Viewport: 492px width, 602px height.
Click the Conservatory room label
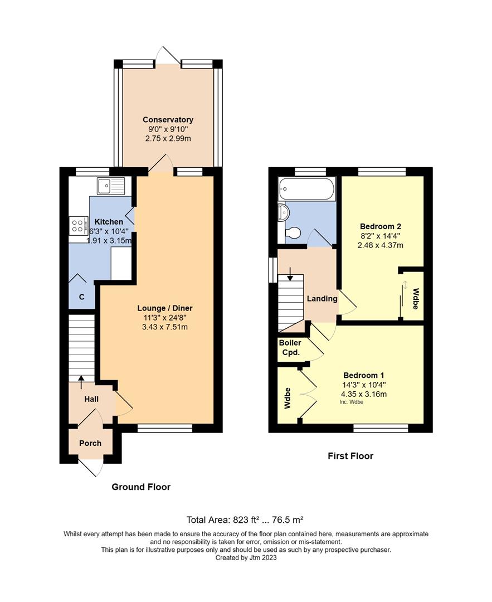(x=168, y=120)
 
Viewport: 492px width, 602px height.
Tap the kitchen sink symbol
(x=111, y=186)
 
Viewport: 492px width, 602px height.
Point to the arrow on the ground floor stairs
(x=81, y=381)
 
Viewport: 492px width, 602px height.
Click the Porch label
(x=90, y=443)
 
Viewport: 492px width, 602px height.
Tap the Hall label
(x=91, y=399)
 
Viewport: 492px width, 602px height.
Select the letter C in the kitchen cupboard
(x=81, y=297)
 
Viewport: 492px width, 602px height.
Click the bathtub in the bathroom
(x=307, y=189)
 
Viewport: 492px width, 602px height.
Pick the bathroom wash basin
(x=284, y=212)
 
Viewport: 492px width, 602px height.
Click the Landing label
(x=322, y=299)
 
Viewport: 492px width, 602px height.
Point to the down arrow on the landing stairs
(x=290, y=274)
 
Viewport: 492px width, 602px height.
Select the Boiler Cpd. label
(x=290, y=348)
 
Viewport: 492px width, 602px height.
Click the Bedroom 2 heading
(x=381, y=226)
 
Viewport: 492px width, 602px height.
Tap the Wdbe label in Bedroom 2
(x=416, y=299)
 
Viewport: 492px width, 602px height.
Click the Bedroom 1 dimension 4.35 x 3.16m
(x=364, y=394)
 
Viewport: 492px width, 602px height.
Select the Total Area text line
(x=245, y=520)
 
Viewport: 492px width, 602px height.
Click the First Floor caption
(x=350, y=456)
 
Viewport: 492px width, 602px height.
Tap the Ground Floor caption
(x=141, y=487)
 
